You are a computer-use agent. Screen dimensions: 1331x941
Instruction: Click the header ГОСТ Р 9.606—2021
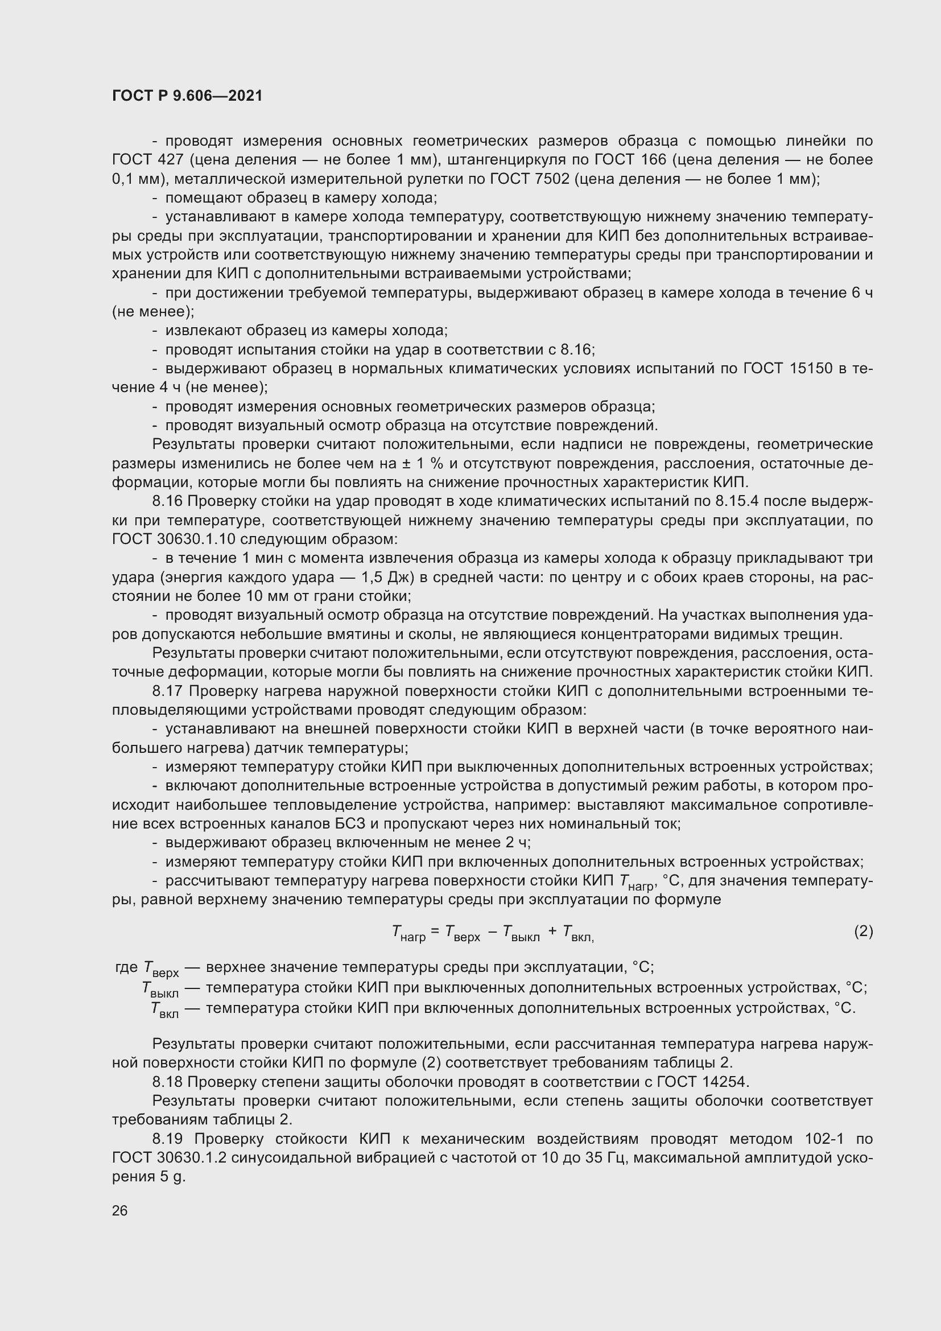[x=187, y=96]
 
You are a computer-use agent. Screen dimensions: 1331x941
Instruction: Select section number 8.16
[x=167, y=501]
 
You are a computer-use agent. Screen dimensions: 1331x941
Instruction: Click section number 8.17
[x=168, y=691]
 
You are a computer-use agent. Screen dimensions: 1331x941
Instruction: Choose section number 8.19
[x=168, y=1139]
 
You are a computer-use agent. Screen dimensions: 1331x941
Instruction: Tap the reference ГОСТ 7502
[x=530, y=179]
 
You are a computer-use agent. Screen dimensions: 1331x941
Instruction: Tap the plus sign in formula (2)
[x=552, y=931]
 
